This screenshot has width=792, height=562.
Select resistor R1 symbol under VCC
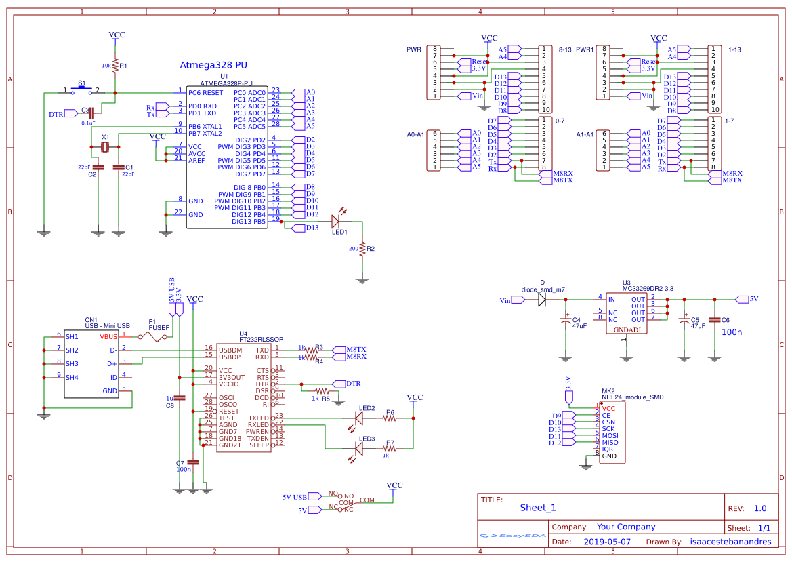click(x=115, y=66)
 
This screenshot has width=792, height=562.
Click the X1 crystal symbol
click(x=105, y=146)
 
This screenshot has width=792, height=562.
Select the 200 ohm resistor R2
click(x=362, y=249)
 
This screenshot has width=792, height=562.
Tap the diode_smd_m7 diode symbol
click(x=542, y=299)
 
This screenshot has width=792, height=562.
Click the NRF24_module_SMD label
click(x=632, y=397)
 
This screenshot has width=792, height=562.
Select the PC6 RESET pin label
click(x=205, y=92)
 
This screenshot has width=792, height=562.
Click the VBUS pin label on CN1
click(x=108, y=336)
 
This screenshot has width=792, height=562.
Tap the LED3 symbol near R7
click(x=358, y=448)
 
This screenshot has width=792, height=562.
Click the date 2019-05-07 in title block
click(x=606, y=542)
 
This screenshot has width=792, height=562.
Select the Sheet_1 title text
click(x=538, y=508)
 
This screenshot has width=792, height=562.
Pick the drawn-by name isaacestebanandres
click(x=730, y=542)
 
